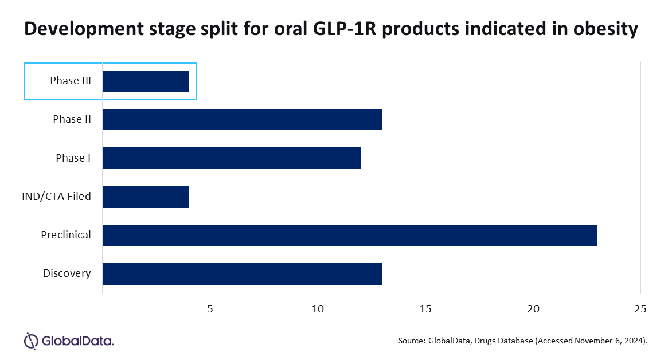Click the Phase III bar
click(146, 81)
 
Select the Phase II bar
click(242, 119)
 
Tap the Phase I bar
click(231, 158)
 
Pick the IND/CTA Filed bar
click(146, 197)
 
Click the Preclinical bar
click(350, 235)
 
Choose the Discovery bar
click(242, 273)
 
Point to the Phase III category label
click(70, 81)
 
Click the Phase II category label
click(72, 119)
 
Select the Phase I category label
click(73, 158)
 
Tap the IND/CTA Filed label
click(56, 197)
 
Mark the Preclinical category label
click(65, 235)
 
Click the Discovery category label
click(67, 273)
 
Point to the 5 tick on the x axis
click(210, 309)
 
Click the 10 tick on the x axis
click(318, 309)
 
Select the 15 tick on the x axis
click(425, 309)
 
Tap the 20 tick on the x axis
click(533, 309)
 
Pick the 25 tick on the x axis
click(640, 309)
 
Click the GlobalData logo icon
click(31, 341)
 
